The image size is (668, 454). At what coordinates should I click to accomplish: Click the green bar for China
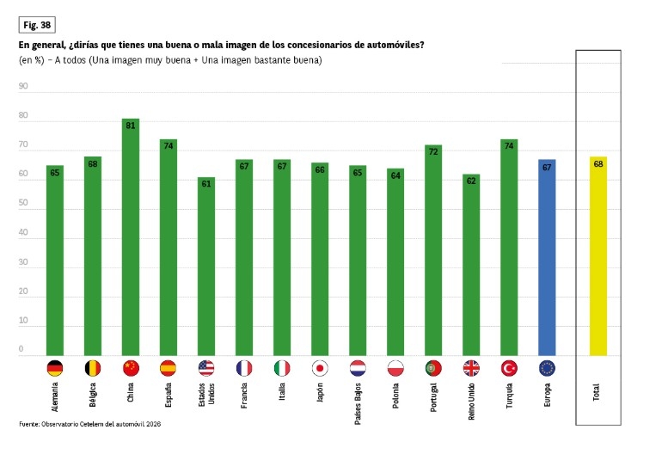[x=131, y=237]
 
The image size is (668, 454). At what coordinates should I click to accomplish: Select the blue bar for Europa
[x=547, y=258]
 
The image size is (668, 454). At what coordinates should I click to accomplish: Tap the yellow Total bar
[x=598, y=256]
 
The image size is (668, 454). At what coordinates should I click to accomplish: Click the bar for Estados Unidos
[x=206, y=267]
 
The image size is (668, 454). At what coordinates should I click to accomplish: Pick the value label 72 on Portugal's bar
[x=433, y=151]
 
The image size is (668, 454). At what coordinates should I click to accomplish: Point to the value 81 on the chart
[x=131, y=126]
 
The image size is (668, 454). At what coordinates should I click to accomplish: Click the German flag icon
[x=55, y=368]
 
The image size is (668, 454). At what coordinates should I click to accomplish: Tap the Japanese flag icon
[x=320, y=368]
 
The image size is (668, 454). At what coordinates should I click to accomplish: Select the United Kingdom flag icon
[x=471, y=368]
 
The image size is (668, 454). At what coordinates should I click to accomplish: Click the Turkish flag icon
[x=509, y=368]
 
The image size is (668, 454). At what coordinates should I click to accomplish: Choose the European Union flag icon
[x=547, y=368]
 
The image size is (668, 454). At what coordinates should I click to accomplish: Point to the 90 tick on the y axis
[x=23, y=86]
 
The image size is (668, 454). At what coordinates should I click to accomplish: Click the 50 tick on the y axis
[x=23, y=204]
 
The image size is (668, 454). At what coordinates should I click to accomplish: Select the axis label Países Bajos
[x=357, y=402]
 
